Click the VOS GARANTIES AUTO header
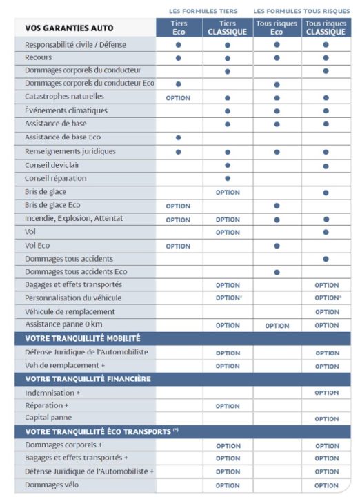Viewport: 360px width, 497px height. coord(69,28)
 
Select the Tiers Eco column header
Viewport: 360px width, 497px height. coord(179,28)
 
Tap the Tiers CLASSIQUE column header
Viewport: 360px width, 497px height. coord(228,28)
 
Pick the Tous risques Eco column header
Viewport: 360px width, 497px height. coord(277,28)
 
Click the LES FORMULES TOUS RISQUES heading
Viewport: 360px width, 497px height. coord(301,11)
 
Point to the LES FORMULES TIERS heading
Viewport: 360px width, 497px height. coord(203,11)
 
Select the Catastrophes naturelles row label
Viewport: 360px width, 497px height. coord(64,97)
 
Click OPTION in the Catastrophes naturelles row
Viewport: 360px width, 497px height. coord(179,98)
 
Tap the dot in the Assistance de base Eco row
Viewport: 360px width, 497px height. coord(179,138)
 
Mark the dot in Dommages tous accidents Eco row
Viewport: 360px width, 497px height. coord(277,273)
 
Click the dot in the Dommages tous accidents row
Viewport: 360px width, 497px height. coord(326,259)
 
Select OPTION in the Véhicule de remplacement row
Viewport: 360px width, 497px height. coord(326,312)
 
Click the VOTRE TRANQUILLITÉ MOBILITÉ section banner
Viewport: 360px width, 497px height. coord(83,338)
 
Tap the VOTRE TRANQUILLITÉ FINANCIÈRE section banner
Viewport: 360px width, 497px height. coord(88,379)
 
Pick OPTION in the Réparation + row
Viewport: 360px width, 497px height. coord(228,406)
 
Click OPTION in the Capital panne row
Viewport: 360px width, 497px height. coord(326,419)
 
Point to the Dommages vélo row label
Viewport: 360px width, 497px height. coord(52,485)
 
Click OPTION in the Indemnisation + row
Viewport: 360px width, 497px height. coord(326,393)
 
